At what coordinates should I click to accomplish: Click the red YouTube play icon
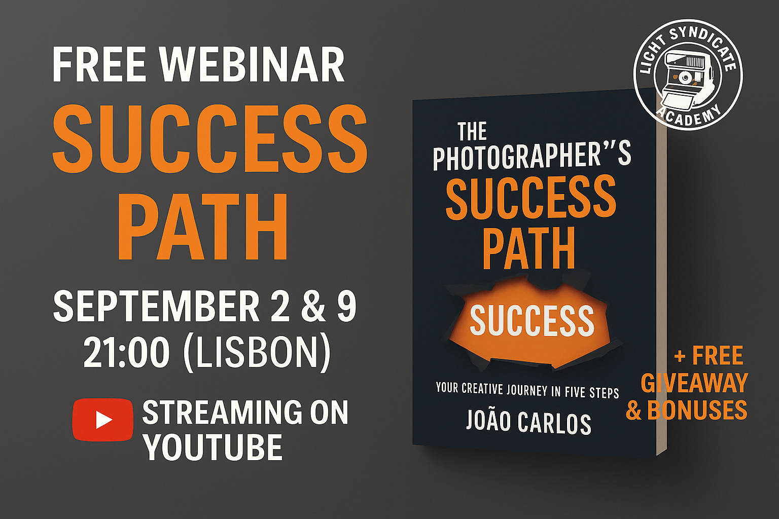(102, 420)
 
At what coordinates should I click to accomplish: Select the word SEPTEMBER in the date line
(156, 307)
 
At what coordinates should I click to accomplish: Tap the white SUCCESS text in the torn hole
(532, 320)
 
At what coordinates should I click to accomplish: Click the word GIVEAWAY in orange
(694, 383)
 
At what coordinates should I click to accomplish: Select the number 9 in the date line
(346, 307)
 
